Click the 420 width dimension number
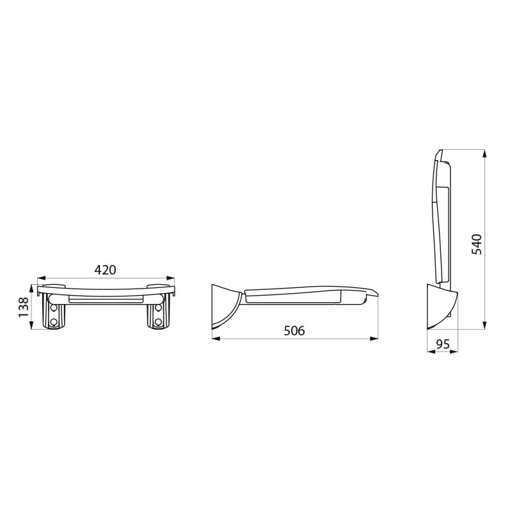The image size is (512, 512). pos(106,270)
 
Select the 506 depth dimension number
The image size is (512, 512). pos(294,330)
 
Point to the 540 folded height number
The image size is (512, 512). pos(477,244)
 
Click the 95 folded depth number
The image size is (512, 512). pos(442,344)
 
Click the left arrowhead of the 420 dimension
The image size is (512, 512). pos(40,278)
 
